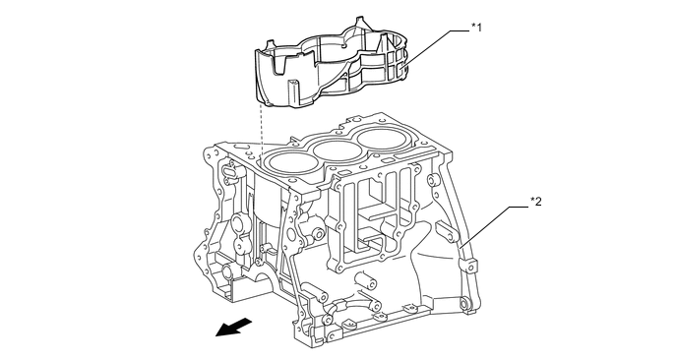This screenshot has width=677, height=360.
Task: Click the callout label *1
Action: (476, 28)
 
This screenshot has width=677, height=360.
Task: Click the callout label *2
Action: (536, 202)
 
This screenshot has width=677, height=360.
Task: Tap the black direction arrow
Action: (233, 327)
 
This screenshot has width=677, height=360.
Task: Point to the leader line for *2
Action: (494, 226)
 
